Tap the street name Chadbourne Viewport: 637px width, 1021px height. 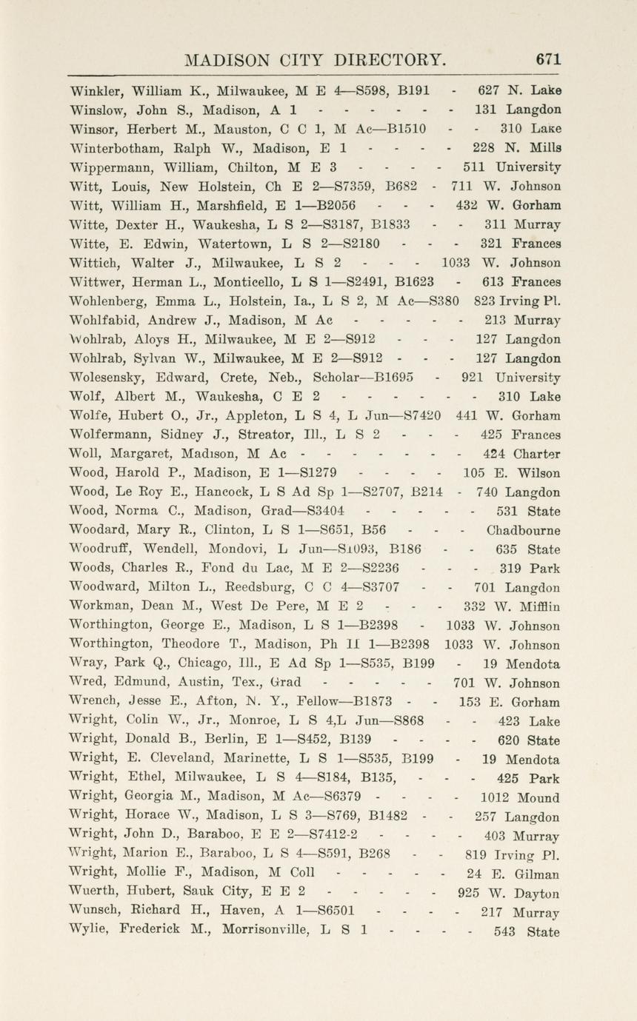[523, 531]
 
